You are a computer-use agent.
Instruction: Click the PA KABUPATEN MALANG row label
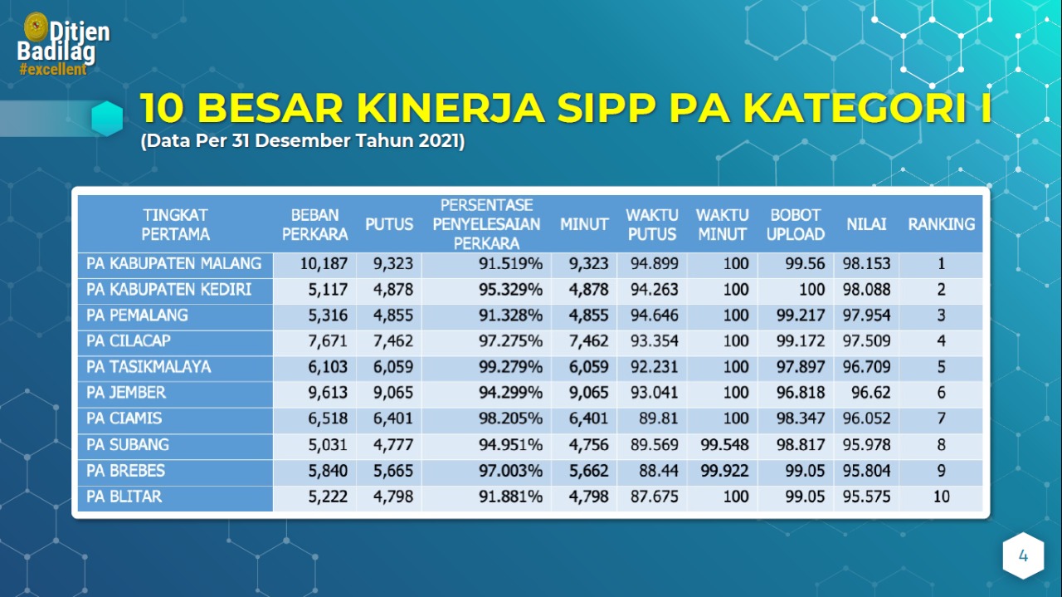[173, 264]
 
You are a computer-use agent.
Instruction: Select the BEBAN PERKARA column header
[314, 224]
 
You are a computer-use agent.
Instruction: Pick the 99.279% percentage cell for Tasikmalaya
[510, 367]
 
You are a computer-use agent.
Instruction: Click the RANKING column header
[941, 224]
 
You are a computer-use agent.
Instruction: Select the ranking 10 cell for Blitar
[941, 497]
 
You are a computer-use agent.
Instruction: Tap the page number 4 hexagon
[1023, 556]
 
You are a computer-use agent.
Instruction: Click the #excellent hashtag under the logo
[53, 70]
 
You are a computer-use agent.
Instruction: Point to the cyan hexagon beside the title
[107, 119]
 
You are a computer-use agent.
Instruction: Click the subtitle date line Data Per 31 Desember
[302, 141]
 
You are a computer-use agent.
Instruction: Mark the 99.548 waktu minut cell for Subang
[724, 445]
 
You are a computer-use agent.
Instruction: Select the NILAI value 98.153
[866, 264]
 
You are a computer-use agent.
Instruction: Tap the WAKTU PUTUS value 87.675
[654, 497]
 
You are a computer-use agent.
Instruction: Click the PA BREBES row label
[125, 471]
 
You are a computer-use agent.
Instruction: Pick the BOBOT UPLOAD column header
[795, 224]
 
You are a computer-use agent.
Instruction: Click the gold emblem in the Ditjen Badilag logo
[36, 27]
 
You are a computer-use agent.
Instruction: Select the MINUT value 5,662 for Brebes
[588, 471]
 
